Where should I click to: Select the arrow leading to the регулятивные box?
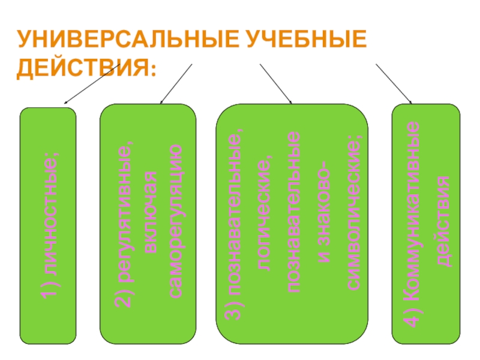tap(176, 83)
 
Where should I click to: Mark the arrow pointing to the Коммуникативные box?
tap(394, 83)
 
